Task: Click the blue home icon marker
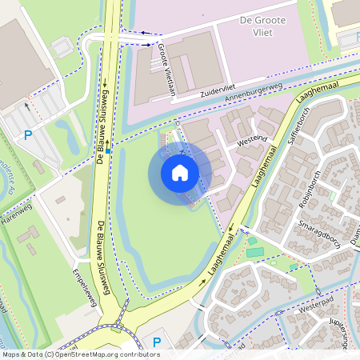coord(180,172)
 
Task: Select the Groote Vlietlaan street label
coord(167,67)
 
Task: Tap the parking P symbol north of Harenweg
coord(28,135)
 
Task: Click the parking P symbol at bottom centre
coord(157,342)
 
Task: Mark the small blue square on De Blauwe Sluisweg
coord(108,149)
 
